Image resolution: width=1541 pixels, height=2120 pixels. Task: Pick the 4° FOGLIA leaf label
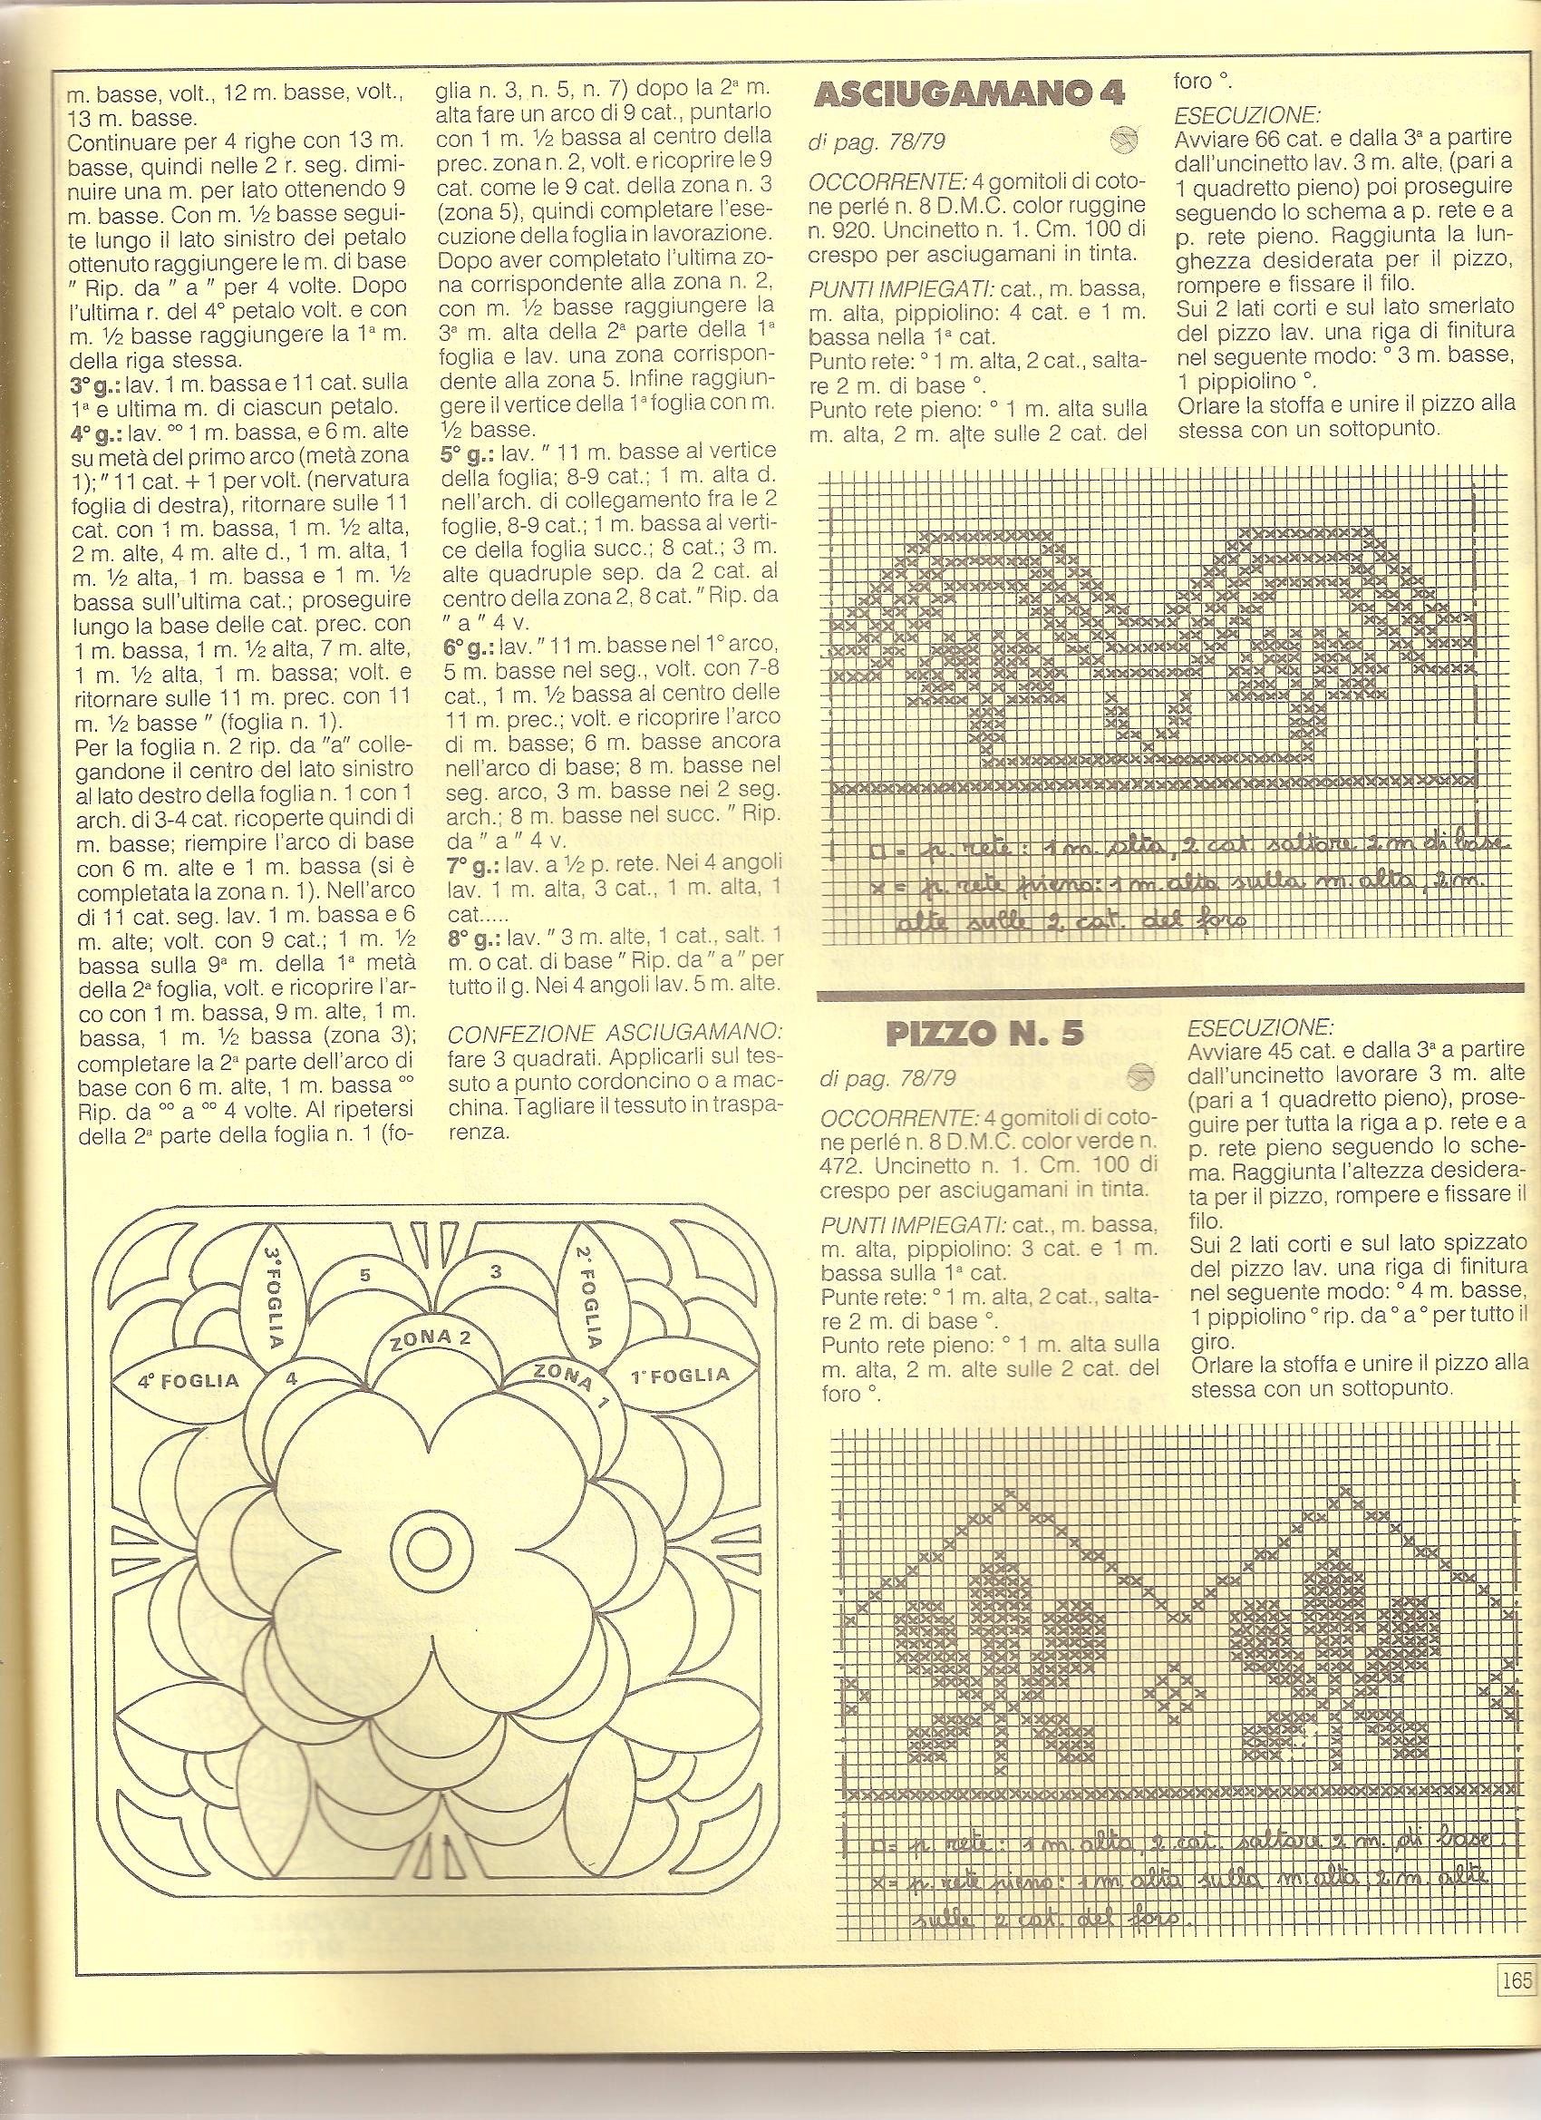(x=189, y=1380)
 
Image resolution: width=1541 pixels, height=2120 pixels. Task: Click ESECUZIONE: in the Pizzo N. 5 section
(x=1259, y=1026)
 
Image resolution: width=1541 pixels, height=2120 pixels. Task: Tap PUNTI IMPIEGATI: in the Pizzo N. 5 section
(x=894, y=1224)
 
